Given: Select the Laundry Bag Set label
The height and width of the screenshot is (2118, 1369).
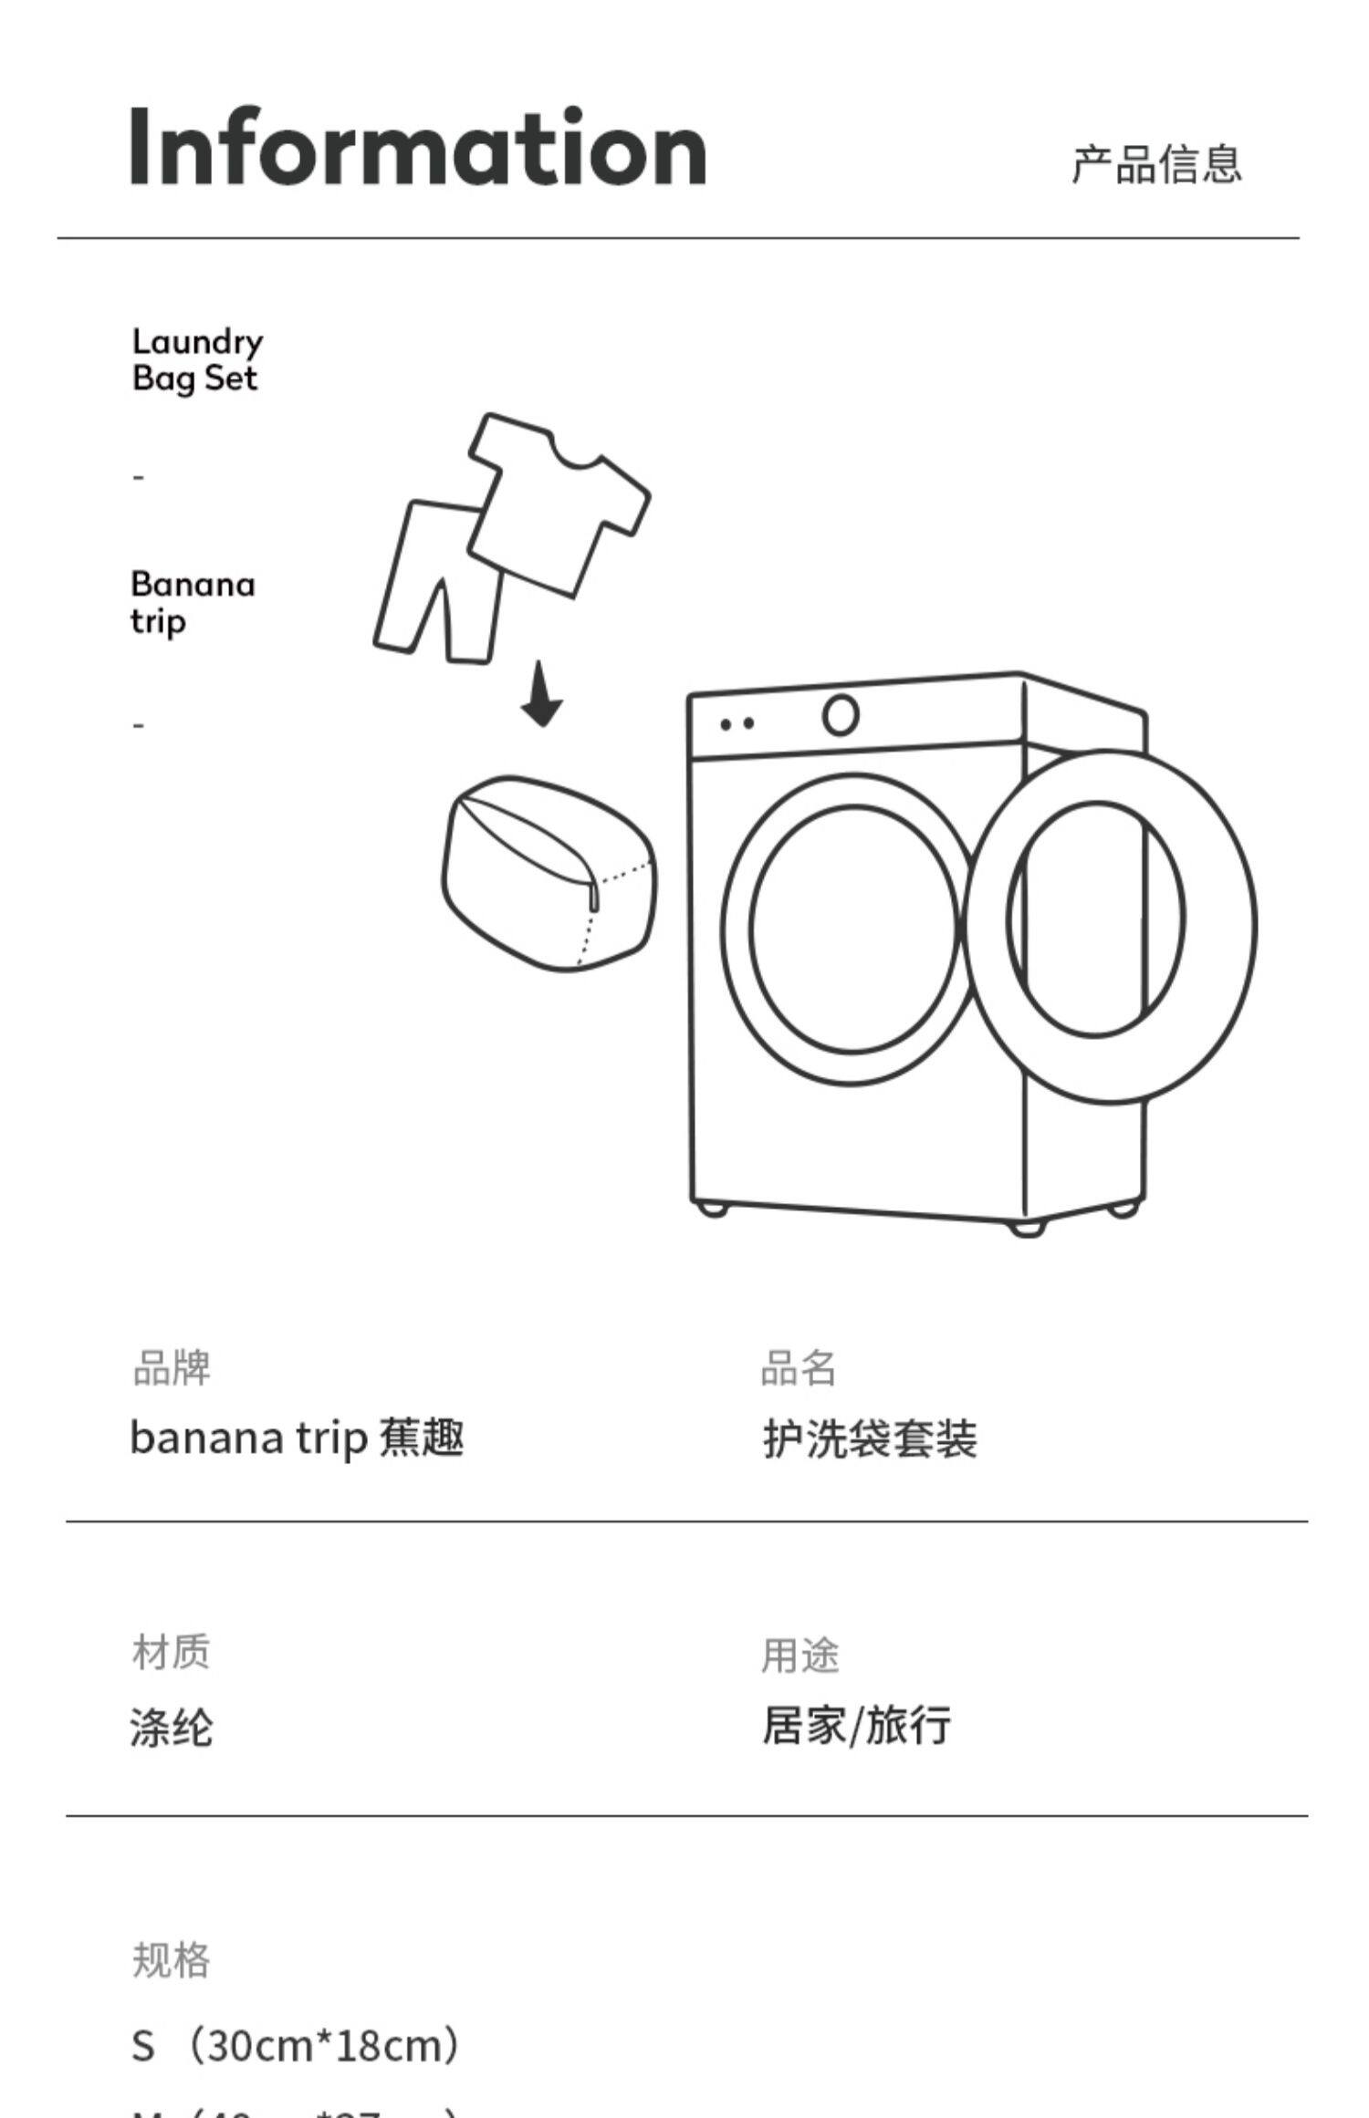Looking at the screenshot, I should tap(197, 359).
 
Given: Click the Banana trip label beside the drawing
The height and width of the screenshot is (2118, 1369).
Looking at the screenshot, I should tap(193, 601).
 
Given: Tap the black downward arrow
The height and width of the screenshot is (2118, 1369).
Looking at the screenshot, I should tap(541, 695).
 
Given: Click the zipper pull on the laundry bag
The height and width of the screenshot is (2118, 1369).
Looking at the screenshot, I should tap(594, 898).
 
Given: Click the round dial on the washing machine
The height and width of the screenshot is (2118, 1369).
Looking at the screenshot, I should tap(840, 715).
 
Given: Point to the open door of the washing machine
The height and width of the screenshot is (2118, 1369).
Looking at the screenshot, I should tap(1110, 926).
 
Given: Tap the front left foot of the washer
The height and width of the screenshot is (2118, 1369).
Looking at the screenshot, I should tap(711, 1210).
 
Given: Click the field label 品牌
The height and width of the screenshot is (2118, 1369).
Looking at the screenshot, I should tap(172, 1368).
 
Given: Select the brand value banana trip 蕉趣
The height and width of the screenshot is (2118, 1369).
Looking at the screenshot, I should tap(297, 1438).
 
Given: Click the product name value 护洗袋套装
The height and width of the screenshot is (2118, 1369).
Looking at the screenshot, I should tap(869, 1440).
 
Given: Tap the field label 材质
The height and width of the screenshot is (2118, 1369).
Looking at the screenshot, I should tap(171, 1652).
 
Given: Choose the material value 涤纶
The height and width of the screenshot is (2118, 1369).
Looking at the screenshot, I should tap(171, 1727).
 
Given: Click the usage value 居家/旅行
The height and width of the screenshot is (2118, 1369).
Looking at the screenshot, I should tap(856, 1725).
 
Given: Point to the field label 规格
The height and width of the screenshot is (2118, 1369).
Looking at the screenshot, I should tap(171, 1959).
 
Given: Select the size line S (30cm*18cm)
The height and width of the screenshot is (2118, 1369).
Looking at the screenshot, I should tap(297, 2045).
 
